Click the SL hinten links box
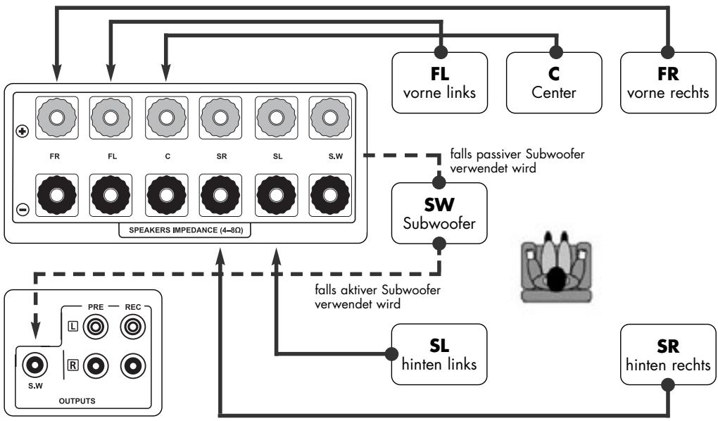439,353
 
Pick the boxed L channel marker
73,327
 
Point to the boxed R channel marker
73,365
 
